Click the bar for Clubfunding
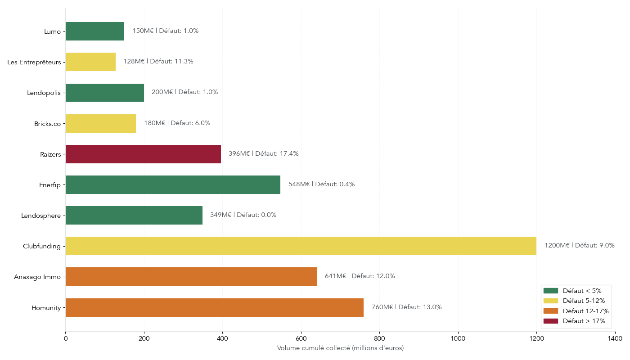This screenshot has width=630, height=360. click(x=301, y=246)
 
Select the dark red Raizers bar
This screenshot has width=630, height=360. click(x=143, y=154)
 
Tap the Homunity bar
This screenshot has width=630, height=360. click(x=214, y=307)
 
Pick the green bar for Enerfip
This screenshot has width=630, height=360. click(x=173, y=184)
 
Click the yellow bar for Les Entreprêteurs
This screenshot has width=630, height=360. click(x=90, y=62)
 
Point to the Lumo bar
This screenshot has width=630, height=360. click(x=94, y=31)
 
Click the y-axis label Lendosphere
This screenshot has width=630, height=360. click(x=40, y=216)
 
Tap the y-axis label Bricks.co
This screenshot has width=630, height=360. click(x=47, y=124)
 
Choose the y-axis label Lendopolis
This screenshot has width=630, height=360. click(x=44, y=93)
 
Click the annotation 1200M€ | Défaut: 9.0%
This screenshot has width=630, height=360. click(x=579, y=246)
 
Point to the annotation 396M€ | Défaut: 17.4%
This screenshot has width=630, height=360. click(x=263, y=154)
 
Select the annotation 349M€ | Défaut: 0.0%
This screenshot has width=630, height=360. click(x=243, y=215)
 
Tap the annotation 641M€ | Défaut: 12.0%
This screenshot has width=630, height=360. click(x=360, y=276)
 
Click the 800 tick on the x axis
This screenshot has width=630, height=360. click(x=379, y=338)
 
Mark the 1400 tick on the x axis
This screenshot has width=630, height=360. click(x=615, y=338)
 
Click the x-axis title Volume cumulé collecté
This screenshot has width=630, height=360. click(x=340, y=348)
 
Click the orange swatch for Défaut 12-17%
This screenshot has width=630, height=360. click(x=550, y=311)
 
